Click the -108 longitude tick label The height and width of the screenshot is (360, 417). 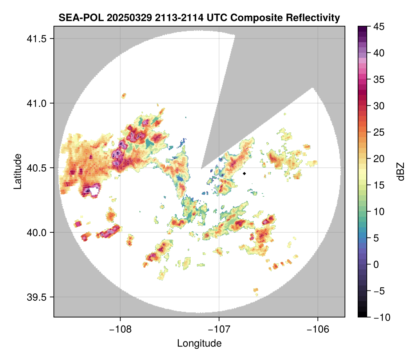[120, 329]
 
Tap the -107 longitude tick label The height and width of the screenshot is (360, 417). [219, 329]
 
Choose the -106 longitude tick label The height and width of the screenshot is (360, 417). [318, 329]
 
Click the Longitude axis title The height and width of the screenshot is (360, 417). [199, 343]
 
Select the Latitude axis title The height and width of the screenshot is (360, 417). [17, 171]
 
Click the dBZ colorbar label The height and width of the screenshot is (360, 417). [401, 171]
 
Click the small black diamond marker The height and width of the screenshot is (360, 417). [245, 173]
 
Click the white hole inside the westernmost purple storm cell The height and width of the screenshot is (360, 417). [95, 191]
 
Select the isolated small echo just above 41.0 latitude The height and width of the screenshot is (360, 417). [124, 96]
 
